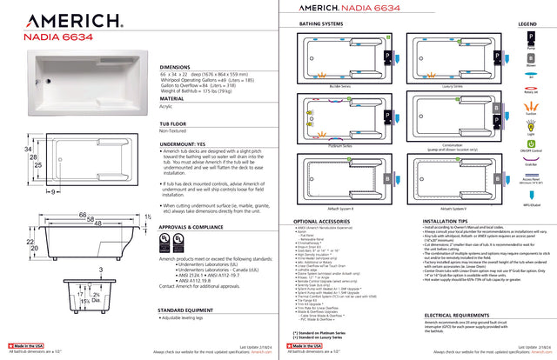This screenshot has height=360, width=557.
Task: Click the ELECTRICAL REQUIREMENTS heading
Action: pyautogui.click(x=462, y=315)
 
